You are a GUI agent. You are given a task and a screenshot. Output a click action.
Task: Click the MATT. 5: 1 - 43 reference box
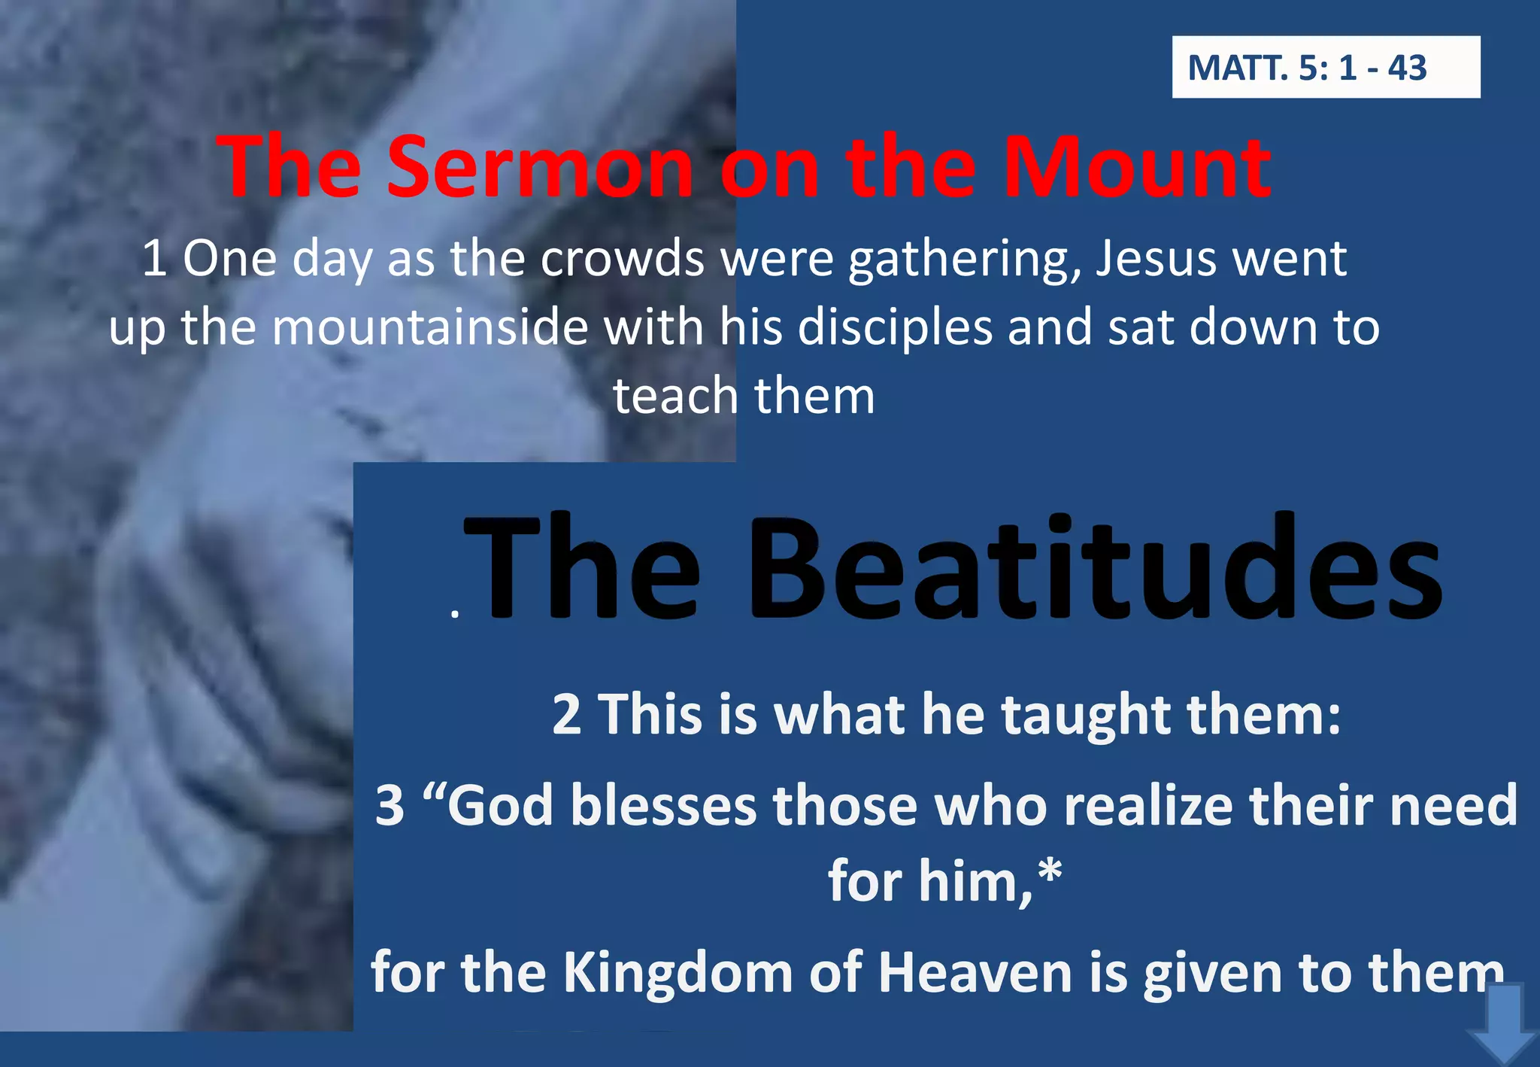point(1325,67)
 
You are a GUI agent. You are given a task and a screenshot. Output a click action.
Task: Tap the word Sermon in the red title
point(539,166)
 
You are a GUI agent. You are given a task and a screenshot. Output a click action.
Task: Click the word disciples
point(895,328)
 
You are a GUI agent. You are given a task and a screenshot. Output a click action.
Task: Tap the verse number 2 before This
point(566,714)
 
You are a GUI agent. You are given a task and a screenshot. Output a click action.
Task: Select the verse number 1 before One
point(154,259)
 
